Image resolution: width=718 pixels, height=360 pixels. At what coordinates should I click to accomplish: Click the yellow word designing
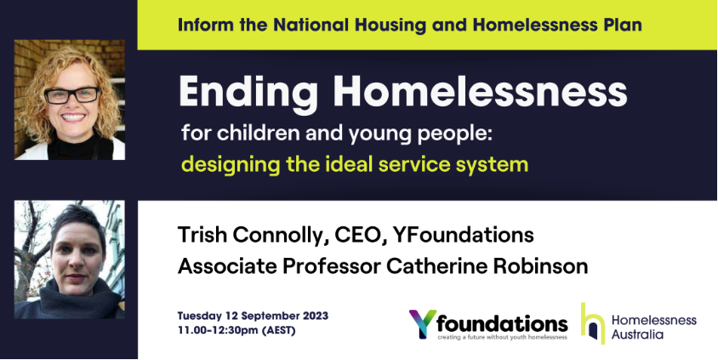pyautogui.click(x=231, y=165)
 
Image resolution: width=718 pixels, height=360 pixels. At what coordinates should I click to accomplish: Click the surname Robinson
pyautogui.click(x=541, y=266)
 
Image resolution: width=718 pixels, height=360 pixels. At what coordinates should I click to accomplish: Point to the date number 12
pyautogui.click(x=231, y=316)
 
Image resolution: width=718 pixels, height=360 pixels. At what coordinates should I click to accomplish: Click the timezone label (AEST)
pyautogui.click(x=278, y=330)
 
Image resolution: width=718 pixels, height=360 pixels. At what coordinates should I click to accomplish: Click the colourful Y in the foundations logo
pyautogui.click(x=422, y=323)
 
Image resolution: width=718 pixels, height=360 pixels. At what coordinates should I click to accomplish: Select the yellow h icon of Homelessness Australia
pyautogui.click(x=593, y=323)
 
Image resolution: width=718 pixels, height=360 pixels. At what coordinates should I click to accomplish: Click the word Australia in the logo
pyautogui.click(x=637, y=334)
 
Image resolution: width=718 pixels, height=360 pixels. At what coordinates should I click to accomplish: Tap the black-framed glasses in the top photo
pyautogui.click(x=72, y=95)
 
